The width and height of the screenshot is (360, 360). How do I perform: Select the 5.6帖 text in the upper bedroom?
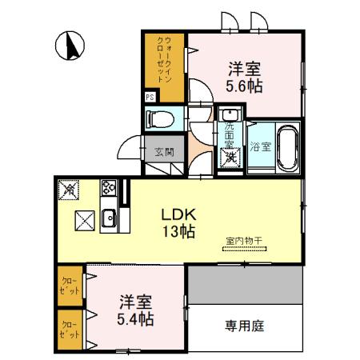[x=246, y=83]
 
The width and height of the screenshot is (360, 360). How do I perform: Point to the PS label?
[x=150, y=98]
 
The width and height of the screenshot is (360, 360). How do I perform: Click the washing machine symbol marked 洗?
[x=229, y=157]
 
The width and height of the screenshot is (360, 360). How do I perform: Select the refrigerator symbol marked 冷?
[x=69, y=190]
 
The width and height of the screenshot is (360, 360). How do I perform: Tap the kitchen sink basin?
[x=109, y=218]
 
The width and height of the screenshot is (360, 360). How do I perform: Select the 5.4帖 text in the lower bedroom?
[x=134, y=319]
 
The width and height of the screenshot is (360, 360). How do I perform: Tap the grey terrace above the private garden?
[x=245, y=286]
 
